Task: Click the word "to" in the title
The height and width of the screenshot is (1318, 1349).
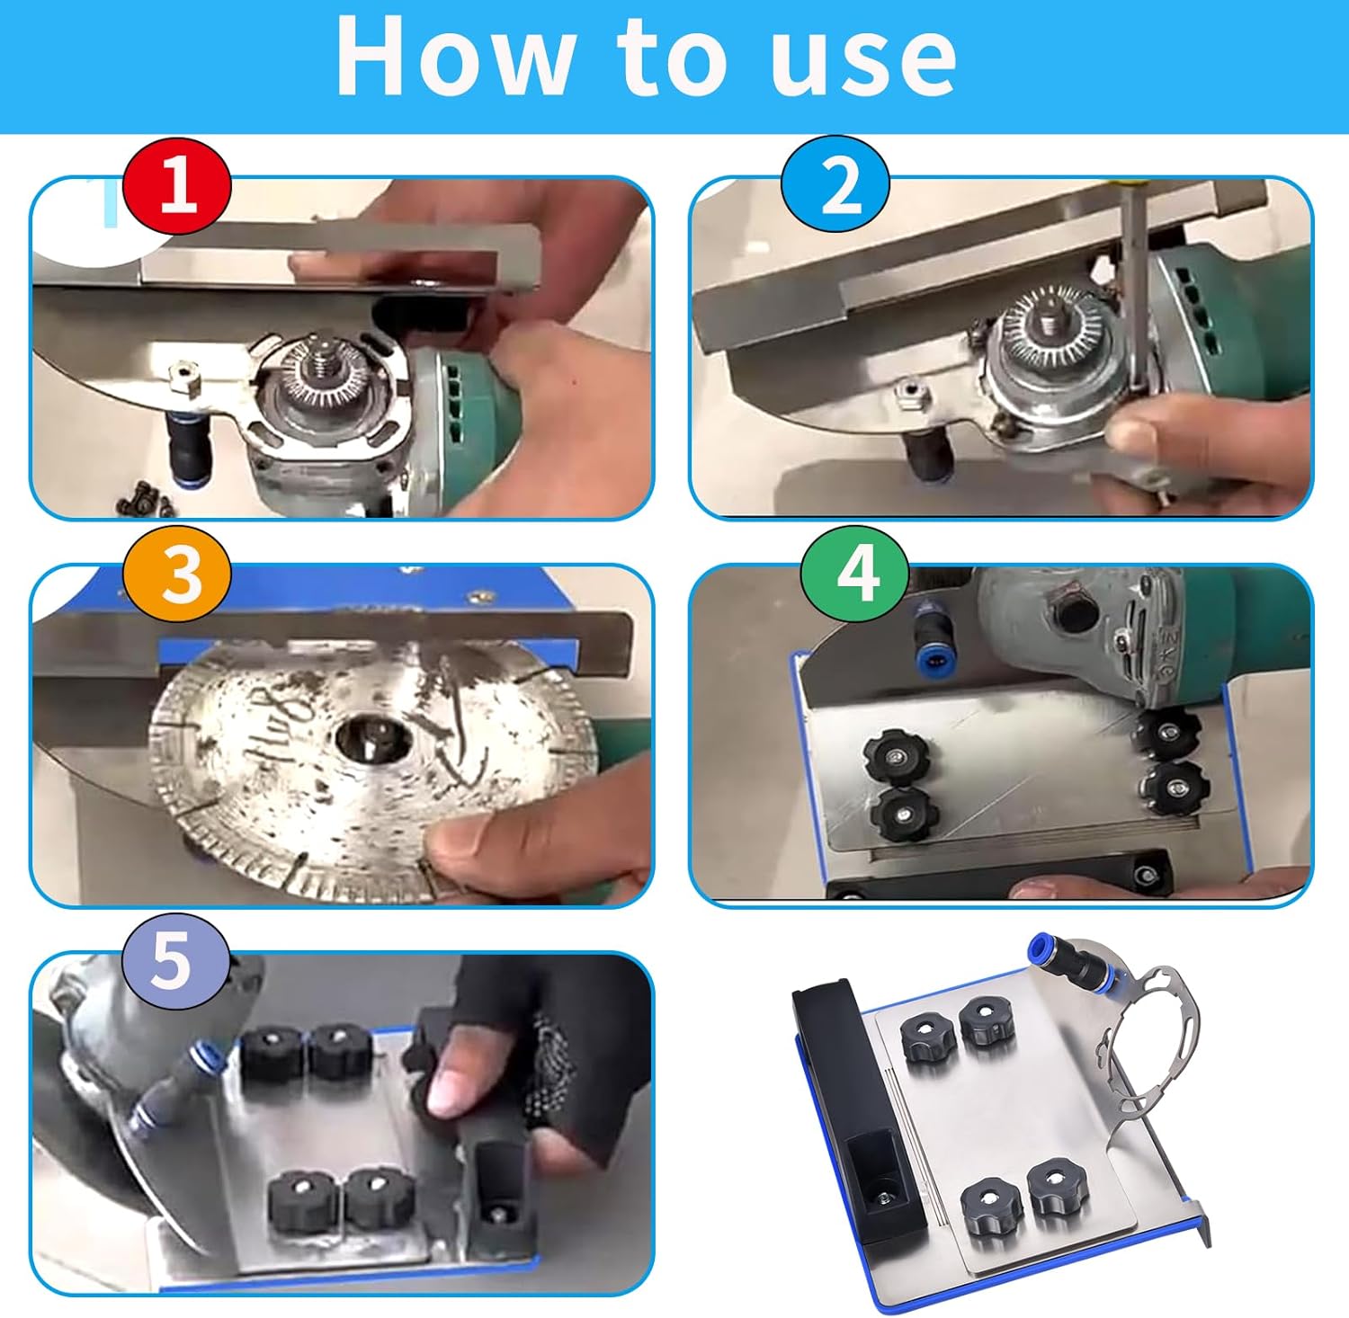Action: tap(671, 58)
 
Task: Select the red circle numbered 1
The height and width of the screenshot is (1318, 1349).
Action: tap(177, 186)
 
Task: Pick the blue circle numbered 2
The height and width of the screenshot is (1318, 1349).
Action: tap(835, 186)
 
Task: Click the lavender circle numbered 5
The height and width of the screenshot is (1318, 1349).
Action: tap(175, 963)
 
